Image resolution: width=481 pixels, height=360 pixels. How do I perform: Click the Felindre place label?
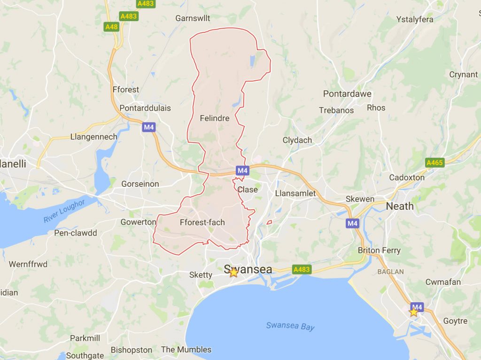[214, 118]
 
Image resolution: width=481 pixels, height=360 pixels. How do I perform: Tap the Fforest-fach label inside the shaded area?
[202, 222]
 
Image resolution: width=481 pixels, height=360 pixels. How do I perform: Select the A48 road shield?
[111, 27]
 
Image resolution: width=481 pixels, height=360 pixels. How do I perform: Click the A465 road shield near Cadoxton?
[434, 163]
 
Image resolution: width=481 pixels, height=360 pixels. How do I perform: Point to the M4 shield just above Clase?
[242, 170]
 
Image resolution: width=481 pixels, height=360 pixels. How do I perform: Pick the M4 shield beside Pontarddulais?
[149, 127]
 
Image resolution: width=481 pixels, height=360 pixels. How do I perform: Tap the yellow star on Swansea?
[233, 272]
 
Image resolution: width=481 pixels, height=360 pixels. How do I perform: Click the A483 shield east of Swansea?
[301, 269]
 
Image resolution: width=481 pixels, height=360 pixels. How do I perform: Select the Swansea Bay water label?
[290, 326]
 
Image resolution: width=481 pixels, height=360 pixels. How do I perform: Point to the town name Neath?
[400, 206]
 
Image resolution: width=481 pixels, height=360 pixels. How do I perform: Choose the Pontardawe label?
[347, 94]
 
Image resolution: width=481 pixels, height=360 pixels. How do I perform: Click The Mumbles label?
[186, 350]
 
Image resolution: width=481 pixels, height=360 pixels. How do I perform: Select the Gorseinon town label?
[140, 184]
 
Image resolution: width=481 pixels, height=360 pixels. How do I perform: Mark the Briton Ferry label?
[379, 250]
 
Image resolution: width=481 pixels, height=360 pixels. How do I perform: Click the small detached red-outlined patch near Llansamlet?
[269, 222]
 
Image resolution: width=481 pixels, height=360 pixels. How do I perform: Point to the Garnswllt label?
[193, 18]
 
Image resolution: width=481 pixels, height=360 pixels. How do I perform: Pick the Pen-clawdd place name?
[76, 233]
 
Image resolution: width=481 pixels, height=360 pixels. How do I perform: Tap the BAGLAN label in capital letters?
[390, 272]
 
